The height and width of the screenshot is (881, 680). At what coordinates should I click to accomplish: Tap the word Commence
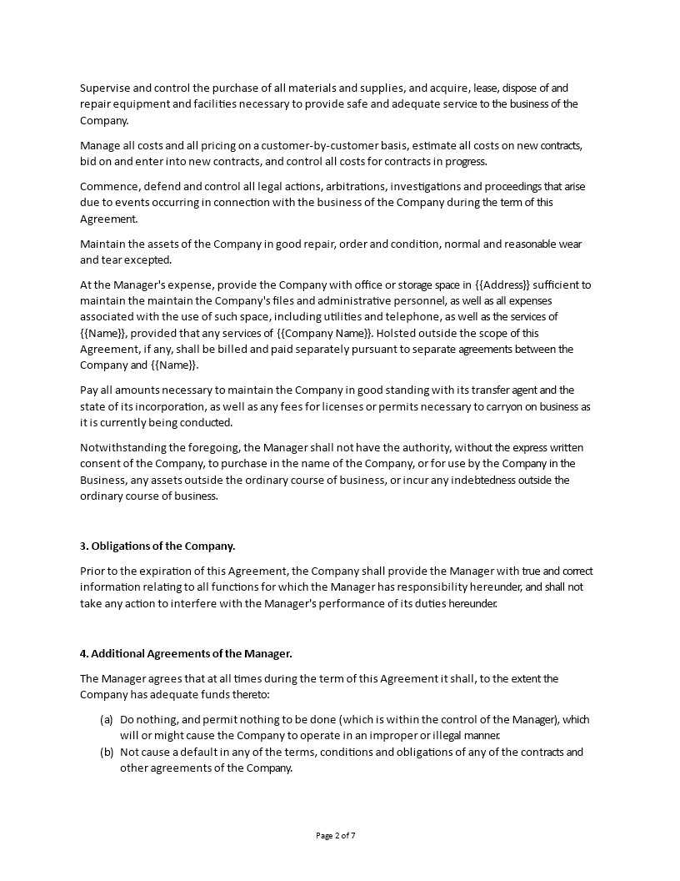coord(109,186)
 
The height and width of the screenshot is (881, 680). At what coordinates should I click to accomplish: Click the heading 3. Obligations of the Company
coord(157,546)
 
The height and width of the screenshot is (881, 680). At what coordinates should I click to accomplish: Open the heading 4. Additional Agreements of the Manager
coord(186,653)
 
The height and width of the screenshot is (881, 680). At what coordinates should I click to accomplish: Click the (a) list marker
coord(106,719)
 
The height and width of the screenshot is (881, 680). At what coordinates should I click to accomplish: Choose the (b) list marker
coord(106,752)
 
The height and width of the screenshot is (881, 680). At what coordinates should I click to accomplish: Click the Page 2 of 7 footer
coord(340,835)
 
